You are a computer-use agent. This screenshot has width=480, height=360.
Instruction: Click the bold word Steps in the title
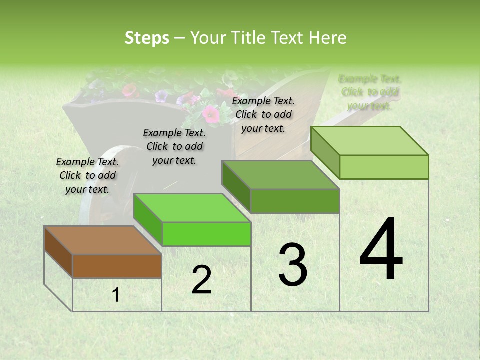(147, 38)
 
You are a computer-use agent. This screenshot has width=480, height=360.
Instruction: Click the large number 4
(381, 249)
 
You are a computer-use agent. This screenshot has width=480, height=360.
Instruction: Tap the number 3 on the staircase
(292, 264)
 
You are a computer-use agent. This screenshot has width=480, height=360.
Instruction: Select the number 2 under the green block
(201, 279)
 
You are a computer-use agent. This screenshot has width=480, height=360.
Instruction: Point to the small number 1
(116, 295)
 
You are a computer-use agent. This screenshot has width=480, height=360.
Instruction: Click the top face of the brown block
(102, 240)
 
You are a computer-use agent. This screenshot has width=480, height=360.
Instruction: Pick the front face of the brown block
(117, 266)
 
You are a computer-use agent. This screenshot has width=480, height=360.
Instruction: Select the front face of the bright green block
(206, 234)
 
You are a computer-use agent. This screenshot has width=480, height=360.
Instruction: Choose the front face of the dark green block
(295, 201)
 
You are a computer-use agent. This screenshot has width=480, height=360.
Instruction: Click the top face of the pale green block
(369, 141)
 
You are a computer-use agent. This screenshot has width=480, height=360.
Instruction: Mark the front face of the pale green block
(384, 167)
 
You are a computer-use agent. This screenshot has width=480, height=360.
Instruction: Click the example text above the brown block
(88, 175)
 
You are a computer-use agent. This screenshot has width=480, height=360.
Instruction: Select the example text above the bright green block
(174, 146)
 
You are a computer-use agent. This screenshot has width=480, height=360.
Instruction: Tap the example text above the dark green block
(263, 114)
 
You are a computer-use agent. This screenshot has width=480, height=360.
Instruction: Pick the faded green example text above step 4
(370, 92)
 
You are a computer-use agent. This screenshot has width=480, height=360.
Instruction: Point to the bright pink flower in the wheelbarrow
(211, 115)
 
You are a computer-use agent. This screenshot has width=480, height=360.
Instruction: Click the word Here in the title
(327, 38)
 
